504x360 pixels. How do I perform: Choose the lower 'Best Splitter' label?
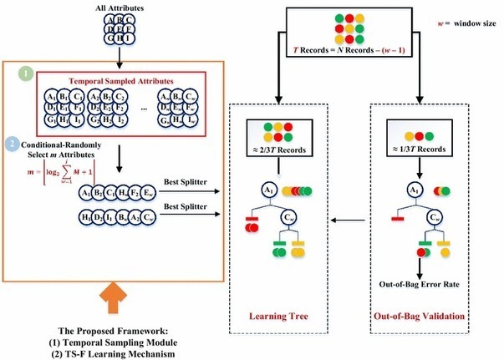(x=181, y=205)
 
